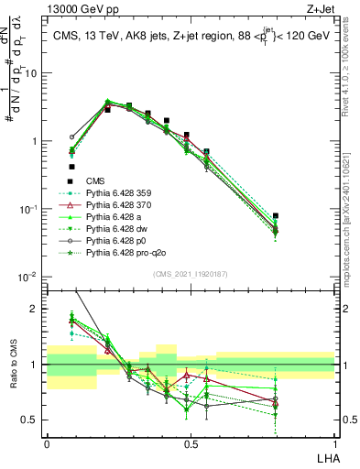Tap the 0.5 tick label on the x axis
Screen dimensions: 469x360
coord(190,444)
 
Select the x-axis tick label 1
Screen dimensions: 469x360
coord(334,444)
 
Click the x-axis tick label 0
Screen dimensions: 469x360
coord(47,444)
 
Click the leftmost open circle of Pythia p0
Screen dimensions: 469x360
coord(71,137)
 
